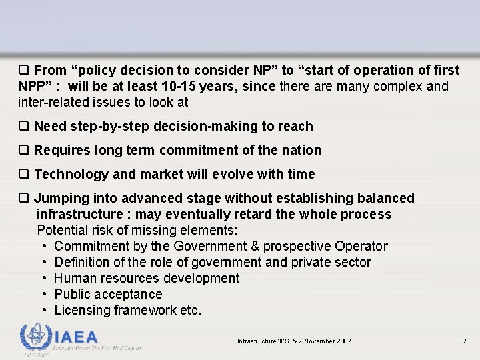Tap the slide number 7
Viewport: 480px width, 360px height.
point(465,341)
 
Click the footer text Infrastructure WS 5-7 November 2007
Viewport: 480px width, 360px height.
point(294,341)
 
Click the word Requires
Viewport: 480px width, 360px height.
point(63,150)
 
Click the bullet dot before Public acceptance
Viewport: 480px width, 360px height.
point(43,294)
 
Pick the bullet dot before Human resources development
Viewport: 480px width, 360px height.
point(43,278)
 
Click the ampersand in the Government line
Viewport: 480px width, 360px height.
point(255,246)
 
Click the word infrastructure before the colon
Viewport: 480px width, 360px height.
point(78,214)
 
